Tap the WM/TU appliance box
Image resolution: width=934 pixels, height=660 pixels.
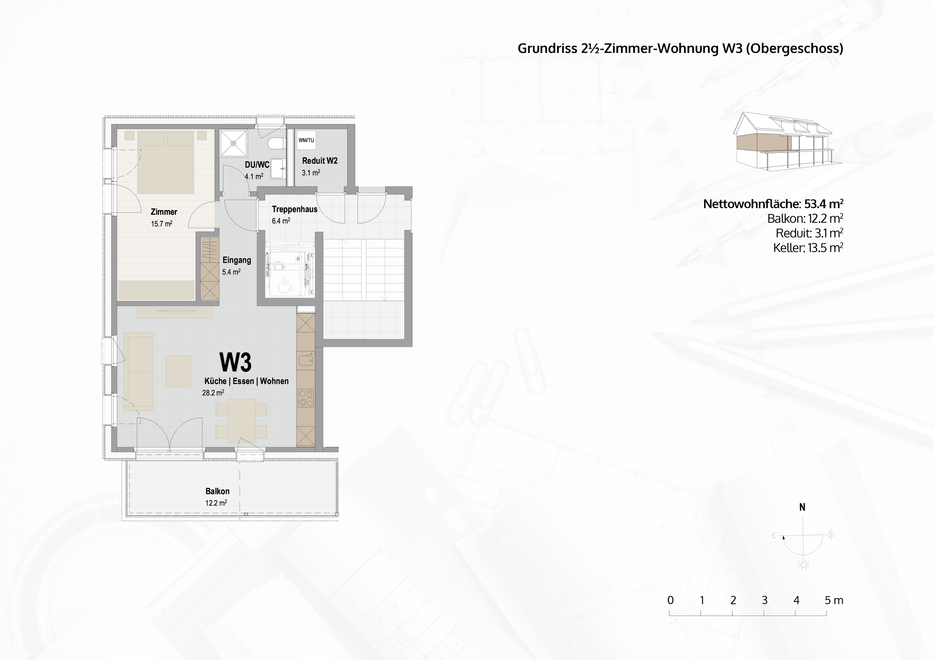pos(306,140)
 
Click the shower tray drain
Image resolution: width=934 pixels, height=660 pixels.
pos(233,143)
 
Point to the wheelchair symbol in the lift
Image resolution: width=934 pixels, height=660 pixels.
pos(286,284)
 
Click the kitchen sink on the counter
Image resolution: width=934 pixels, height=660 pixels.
pos(305,360)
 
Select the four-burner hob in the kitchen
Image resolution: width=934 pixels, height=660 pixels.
pos(305,398)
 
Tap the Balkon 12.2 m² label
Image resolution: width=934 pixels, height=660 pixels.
pos(217,497)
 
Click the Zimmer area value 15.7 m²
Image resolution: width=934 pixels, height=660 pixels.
pos(162,224)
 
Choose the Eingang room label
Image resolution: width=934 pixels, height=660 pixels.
pos(236,260)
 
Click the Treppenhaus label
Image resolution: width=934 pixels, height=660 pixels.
pos(294,209)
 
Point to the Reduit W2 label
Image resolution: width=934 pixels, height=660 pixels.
pos(319,161)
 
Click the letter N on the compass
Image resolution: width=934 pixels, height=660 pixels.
pos(802,507)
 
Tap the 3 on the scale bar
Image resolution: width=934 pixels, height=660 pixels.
pos(764,600)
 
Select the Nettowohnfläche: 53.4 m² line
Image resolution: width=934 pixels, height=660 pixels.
pos(772,204)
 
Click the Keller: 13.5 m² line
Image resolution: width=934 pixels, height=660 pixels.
pos(807,248)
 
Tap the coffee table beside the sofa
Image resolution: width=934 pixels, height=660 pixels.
pos(178,371)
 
